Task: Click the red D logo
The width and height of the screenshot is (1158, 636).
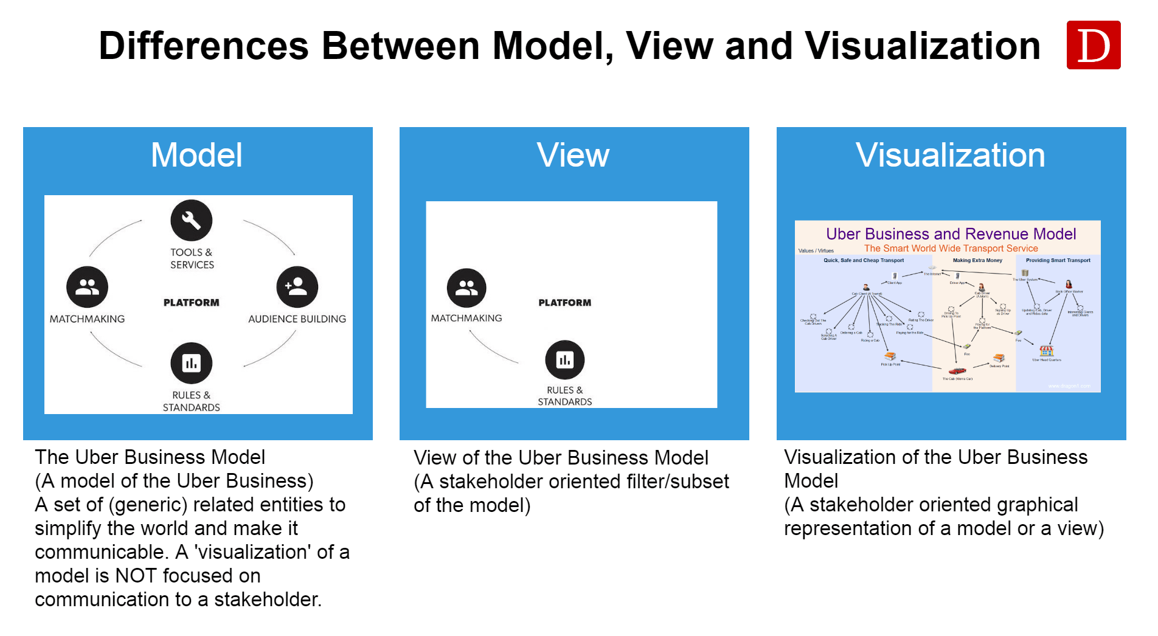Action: (x=1093, y=45)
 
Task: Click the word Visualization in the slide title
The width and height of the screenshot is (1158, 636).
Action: (x=922, y=46)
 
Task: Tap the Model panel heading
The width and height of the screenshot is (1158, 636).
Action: (x=196, y=155)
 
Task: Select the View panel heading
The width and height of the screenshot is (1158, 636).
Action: (x=573, y=155)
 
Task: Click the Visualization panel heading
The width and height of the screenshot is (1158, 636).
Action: (x=950, y=155)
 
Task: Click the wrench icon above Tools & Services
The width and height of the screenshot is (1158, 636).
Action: (x=192, y=220)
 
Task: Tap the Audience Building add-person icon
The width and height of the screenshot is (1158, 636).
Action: (x=297, y=286)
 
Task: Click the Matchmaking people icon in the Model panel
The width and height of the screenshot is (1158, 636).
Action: (x=87, y=286)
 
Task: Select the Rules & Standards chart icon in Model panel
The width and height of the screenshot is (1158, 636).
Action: (x=192, y=363)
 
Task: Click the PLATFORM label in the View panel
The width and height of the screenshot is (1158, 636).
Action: (x=564, y=303)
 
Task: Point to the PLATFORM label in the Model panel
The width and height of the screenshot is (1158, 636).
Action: (x=192, y=303)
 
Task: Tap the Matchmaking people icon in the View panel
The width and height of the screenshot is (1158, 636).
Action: (x=466, y=288)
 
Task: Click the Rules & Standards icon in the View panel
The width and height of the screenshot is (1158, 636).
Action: (x=564, y=359)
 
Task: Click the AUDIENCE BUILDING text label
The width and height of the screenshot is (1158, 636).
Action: (x=297, y=319)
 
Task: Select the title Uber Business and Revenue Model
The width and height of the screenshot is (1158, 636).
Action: (x=951, y=234)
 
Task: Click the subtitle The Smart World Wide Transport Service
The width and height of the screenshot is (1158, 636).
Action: (x=951, y=248)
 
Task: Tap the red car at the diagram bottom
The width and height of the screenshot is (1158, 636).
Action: (x=957, y=371)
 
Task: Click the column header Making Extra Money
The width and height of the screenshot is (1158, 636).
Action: (x=977, y=260)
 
